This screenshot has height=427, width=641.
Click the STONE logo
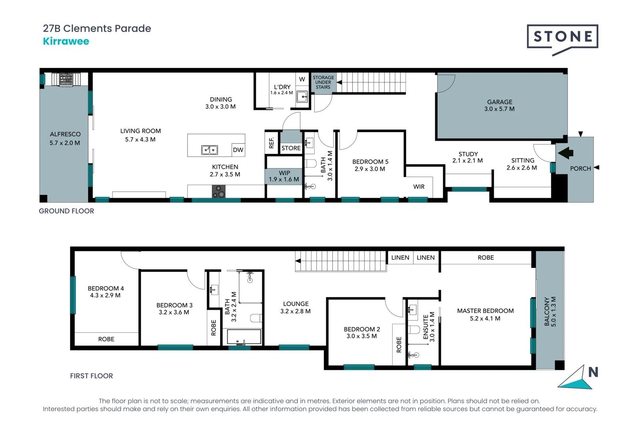(562, 37)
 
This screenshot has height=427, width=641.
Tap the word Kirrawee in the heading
(66, 42)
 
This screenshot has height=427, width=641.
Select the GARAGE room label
(499, 102)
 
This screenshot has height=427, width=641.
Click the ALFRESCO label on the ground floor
(65, 134)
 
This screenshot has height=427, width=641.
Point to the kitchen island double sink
(209, 150)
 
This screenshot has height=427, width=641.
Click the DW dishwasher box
(238, 150)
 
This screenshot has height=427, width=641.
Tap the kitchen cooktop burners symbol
(218, 192)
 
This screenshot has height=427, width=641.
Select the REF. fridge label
(271, 143)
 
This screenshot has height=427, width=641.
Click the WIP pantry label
(284, 173)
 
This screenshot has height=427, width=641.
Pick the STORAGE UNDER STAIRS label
(323, 82)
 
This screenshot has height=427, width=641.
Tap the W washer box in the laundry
(302, 79)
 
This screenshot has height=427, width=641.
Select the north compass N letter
(593, 372)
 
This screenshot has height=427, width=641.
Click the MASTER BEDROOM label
(485, 311)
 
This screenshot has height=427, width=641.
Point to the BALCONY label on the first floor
(547, 312)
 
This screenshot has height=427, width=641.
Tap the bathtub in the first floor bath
(244, 337)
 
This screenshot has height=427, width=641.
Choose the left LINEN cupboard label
(400, 258)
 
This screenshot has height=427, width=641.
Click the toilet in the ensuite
(414, 329)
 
